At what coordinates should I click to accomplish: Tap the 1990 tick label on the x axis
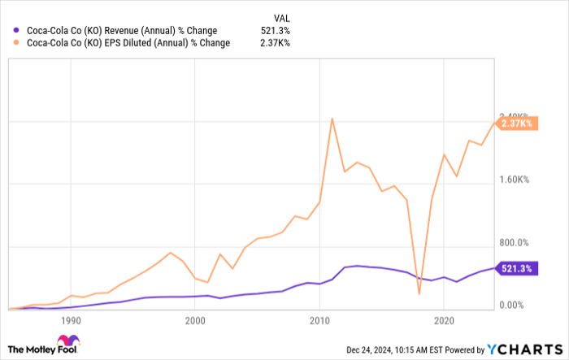71,321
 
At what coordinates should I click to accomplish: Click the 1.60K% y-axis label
515,180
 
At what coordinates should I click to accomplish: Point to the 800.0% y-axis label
515,243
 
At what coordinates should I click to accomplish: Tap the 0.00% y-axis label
515,306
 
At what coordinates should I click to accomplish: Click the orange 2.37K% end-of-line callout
516,124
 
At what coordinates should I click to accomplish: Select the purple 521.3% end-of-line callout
516,268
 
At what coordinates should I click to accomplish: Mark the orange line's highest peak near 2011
332,119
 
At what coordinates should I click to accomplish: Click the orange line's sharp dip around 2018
419,294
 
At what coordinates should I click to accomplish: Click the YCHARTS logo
523,348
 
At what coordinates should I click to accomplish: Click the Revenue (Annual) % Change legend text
122,31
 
